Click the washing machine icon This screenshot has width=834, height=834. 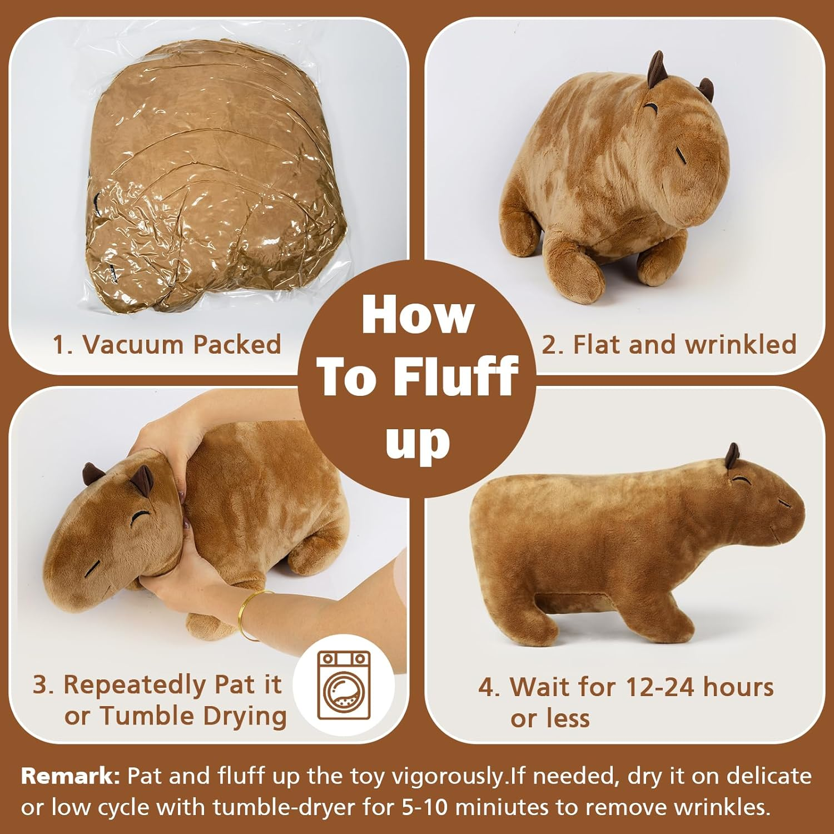click(x=343, y=685)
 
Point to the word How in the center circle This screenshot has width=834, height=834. click(x=417, y=316)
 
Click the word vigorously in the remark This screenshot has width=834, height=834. click(x=449, y=776)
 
